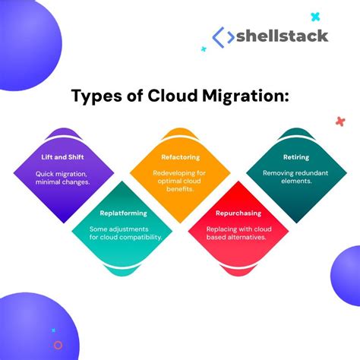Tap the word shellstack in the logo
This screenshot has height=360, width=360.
tap(282, 36)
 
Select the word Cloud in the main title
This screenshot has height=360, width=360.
tap(170, 96)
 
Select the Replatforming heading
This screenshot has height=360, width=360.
tap(122, 214)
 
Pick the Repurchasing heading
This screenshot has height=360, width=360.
tap(238, 214)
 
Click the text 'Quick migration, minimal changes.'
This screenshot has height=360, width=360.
tap(64, 178)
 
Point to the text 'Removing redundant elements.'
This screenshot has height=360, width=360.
tap(297, 178)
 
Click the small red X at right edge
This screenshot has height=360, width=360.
tap(339, 121)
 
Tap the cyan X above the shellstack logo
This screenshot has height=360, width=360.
tap(315, 16)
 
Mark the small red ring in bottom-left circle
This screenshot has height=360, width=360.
tap(58, 345)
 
